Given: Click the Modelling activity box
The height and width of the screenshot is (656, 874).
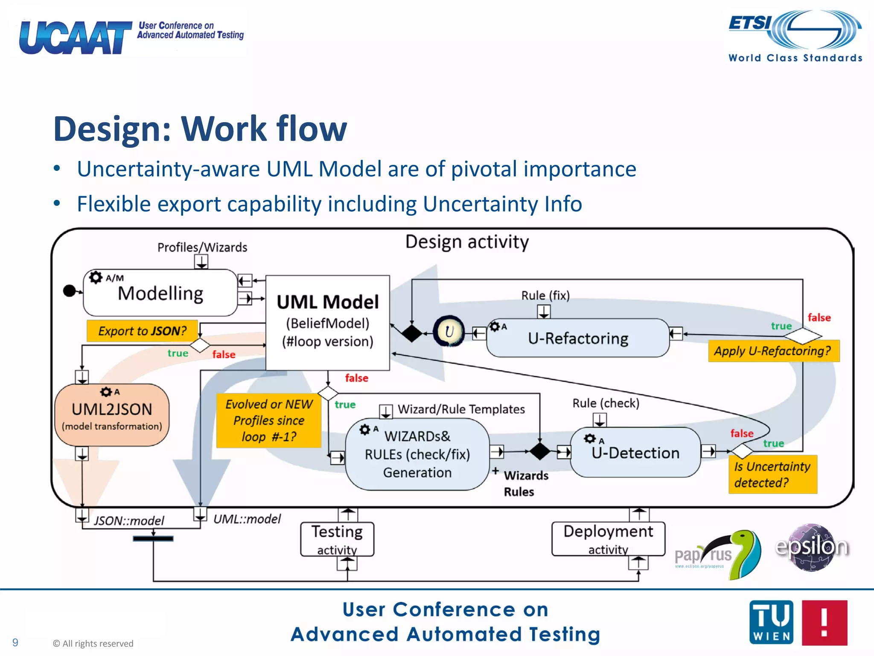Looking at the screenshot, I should click(x=160, y=293).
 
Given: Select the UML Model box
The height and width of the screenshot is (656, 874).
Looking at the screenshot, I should click(x=327, y=322).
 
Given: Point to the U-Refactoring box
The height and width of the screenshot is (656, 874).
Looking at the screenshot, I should click(x=578, y=338).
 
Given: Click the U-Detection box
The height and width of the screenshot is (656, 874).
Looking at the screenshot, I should click(x=635, y=452).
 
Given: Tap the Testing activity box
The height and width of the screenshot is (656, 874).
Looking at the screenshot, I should click(x=337, y=539).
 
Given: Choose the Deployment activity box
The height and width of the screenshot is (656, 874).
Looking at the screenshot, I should click(x=608, y=539).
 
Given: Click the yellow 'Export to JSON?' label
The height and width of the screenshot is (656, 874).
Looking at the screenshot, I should click(x=143, y=331).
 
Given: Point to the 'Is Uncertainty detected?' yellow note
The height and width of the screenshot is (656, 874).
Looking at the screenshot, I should click(x=772, y=474).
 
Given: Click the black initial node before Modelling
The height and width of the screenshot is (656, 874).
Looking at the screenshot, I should click(x=69, y=291).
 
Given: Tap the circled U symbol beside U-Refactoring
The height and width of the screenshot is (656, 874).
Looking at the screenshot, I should click(x=449, y=331).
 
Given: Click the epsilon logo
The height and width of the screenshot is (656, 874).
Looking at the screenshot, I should click(x=812, y=547).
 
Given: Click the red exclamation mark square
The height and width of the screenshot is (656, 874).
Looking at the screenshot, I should click(x=824, y=622).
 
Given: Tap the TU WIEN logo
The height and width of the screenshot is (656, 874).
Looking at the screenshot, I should click(x=771, y=622).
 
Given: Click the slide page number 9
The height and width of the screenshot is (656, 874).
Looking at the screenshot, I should click(x=15, y=642).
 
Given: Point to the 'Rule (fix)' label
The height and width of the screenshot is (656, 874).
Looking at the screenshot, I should click(x=545, y=296).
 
